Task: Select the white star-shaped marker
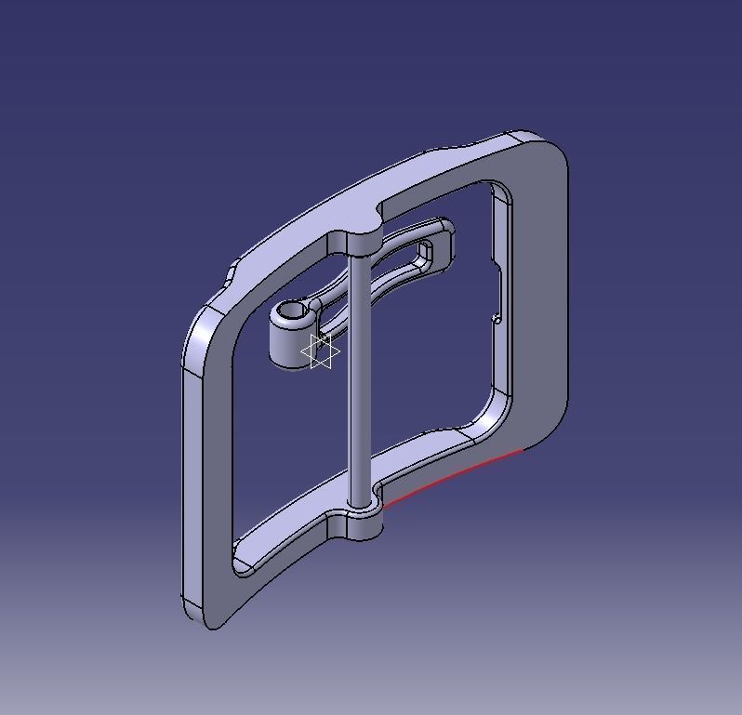pos(321,351)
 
